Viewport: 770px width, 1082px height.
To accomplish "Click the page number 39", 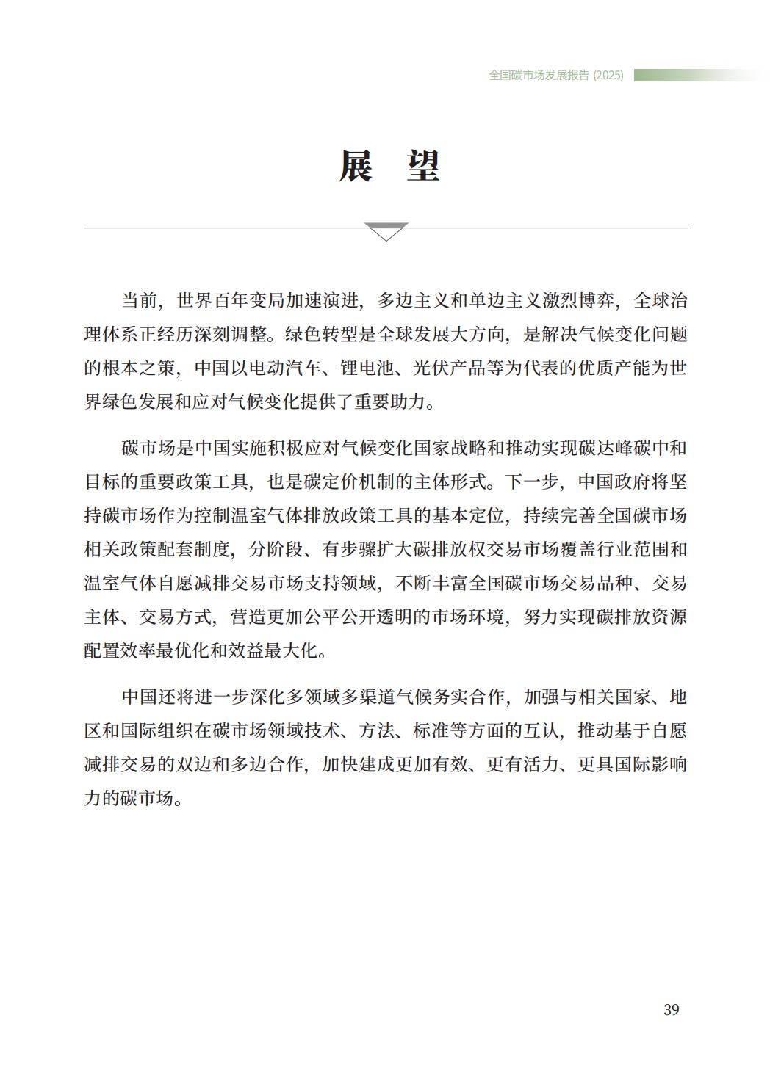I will (x=671, y=1010).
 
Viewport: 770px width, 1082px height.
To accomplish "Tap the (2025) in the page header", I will (x=608, y=75).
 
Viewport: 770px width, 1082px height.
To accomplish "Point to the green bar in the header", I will (x=694, y=75).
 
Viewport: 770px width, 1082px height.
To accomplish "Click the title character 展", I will (x=356, y=166).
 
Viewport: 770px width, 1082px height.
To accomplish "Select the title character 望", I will (x=423, y=166).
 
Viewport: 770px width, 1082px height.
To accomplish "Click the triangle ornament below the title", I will (x=386, y=232).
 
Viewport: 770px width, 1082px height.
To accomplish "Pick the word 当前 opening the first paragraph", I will (x=140, y=301).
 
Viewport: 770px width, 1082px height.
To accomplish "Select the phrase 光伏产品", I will (x=450, y=368).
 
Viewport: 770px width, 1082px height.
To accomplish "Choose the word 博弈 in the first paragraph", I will (x=596, y=301).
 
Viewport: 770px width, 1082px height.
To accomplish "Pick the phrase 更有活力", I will (x=522, y=765).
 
